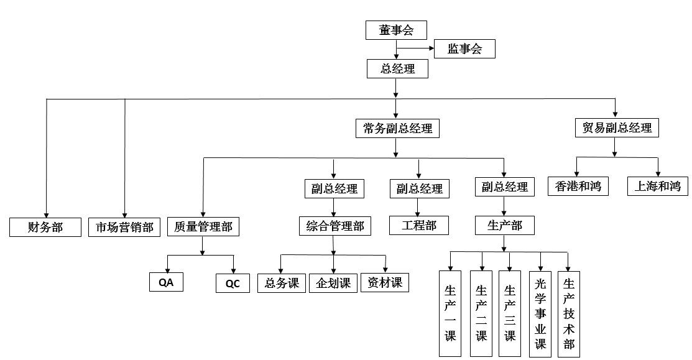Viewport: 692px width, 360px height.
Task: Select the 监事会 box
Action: click(x=464, y=49)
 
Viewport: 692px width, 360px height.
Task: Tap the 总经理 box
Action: click(x=397, y=68)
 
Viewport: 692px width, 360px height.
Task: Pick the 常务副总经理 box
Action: click(x=397, y=129)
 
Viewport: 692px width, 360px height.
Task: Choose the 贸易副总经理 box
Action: click(x=616, y=128)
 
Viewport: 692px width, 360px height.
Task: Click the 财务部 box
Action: click(x=45, y=227)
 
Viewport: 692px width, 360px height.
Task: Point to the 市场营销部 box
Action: click(x=124, y=227)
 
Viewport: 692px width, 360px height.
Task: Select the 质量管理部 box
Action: click(x=203, y=227)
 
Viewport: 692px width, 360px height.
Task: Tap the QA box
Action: click(x=166, y=283)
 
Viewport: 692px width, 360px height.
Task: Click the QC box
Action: click(x=233, y=284)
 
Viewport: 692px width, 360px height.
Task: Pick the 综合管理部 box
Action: click(x=335, y=226)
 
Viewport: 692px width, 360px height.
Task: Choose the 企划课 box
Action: click(x=333, y=283)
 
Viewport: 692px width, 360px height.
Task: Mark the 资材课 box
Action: click(x=385, y=283)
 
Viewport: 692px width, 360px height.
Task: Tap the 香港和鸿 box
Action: click(x=578, y=186)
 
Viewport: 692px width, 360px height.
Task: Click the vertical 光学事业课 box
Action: click(x=540, y=314)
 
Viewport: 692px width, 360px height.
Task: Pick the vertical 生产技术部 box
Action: click(x=568, y=314)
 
